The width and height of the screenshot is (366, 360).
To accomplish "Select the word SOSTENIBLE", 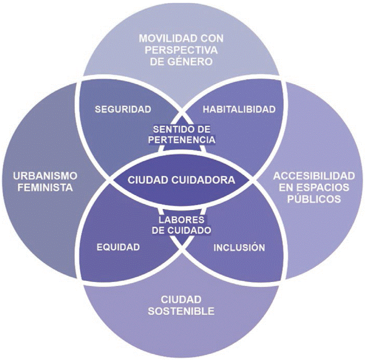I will tap(182, 311).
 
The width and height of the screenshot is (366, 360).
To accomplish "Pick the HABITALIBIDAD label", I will tap(239, 109).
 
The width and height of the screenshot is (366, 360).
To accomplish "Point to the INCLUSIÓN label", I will tap(239, 247).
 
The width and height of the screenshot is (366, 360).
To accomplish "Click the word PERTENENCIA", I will tap(182, 139).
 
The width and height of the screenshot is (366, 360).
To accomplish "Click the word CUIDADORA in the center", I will tap(206, 180).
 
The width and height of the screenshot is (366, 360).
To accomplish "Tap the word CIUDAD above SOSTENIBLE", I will tap(182, 300).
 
